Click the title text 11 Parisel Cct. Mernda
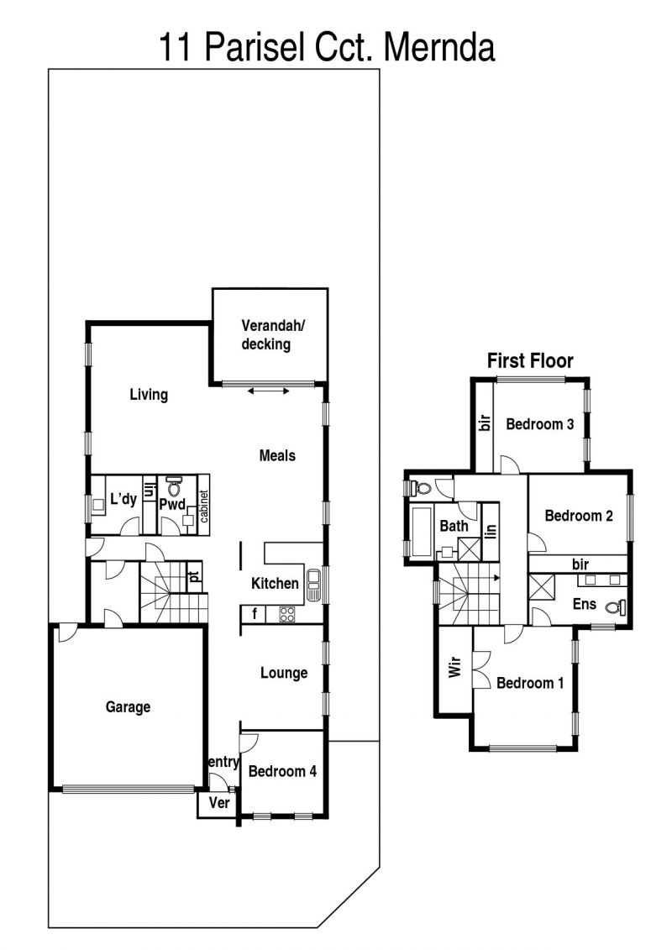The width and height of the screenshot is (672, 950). pyautogui.click(x=327, y=48)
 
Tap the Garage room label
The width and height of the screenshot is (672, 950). pyautogui.click(x=128, y=707)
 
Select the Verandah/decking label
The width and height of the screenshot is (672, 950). pyautogui.click(x=272, y=334)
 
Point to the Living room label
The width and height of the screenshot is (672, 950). pyautogui.click(x=149, y=395)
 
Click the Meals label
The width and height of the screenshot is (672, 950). pyautogui.click(x=277, y=455)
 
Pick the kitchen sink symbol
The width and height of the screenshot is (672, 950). pyautogui.click(x=314, y=585)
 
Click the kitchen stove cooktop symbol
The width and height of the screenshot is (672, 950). pyautogui.click(x=286, y=614)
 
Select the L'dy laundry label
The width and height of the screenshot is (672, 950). pyautogui.click(x=123, y=499)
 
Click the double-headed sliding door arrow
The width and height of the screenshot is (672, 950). pyautogui.click(x=269, y=391)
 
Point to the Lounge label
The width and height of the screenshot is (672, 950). pyautogui.click(x=284, y=673)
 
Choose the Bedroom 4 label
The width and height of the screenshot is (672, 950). pyautogui.click(x=282, y=771)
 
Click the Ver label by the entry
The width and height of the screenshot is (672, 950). pyautogui.click(x=218, y=803)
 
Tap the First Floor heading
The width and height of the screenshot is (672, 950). pyautogui.click(x=530, y=361)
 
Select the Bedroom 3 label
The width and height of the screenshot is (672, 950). pyautogui.click(x=540, y=424)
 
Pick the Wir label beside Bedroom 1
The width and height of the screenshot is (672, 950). pyautogui.click(x=454, y=667)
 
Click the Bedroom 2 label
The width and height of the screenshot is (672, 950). pyautogui.click(x=579, y=516)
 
